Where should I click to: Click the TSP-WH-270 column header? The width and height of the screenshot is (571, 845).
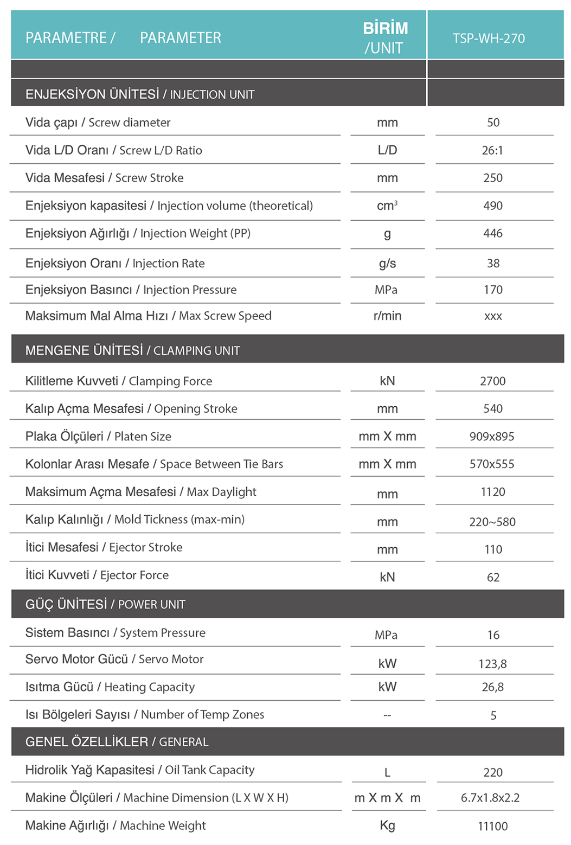pyautogui.click(x=489, y=39)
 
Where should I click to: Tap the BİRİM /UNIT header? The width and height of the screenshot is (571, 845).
pyautogui.click(x=385, y=38)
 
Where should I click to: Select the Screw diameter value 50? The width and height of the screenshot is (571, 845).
pyautogui.click(x=493, y=123)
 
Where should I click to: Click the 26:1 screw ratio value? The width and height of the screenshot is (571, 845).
pyautogui.click(x=492, y=151)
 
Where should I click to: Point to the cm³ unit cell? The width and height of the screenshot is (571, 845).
pyautogui.click(x=387, y=206)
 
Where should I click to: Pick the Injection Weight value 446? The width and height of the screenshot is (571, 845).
pyautogui.click(x=493, y=234)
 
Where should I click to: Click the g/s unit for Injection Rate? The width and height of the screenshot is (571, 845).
pyautogui.click(x=387, y=264)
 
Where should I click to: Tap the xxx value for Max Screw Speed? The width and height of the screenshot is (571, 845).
pyautogui.click(x=493, y=316)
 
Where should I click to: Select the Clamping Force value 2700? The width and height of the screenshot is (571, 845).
pyautogui.click(x=492, y=381)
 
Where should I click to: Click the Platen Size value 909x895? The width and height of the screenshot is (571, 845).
pyautogui.click(x=492, y=437)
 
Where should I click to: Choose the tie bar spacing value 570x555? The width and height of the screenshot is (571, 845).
pyautogui.click(x=492, y=464)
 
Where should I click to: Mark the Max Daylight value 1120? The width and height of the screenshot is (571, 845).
pyautogui.click(x=492, y=492)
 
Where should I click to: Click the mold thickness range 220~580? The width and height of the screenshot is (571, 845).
pyautogui.click(x=492, y=522)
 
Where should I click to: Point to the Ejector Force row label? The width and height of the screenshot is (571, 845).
pyautogui.click(x=97, y=575)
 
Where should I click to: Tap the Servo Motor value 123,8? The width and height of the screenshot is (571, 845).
pyautogui.click(x=492, y=664)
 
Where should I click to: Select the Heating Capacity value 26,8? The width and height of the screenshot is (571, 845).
pyautogui.click(x=492, y=687)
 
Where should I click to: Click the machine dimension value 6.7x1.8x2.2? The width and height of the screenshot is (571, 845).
pyautogui.click(x=490, y=798)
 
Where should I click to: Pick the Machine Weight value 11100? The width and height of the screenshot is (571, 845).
pyautogui.click(x=492, y=827)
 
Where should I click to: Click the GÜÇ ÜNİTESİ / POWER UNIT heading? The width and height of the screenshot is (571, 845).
pyautogui.click(x=105, y=605)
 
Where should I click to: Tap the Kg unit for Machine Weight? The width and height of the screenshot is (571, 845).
pyautogui.click(x=387, y=825)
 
